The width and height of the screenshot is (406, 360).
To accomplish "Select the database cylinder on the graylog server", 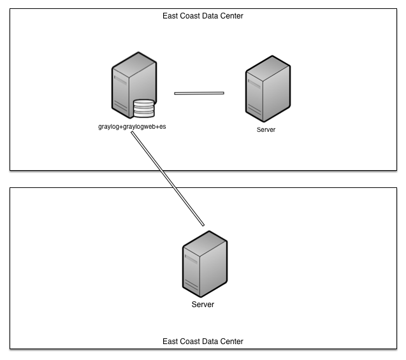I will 143,109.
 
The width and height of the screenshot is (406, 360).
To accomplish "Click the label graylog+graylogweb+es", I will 132,126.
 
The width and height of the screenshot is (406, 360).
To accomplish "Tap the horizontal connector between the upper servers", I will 199,93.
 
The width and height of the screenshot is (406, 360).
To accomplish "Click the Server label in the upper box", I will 266,129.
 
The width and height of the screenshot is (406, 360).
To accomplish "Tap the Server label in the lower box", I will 203,305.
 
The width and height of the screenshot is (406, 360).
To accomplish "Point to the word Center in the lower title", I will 230,342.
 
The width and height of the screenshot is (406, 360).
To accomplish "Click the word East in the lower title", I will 170,342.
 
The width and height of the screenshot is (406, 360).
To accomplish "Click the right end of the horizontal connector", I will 223,93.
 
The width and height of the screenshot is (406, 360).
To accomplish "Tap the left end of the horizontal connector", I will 176,93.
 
